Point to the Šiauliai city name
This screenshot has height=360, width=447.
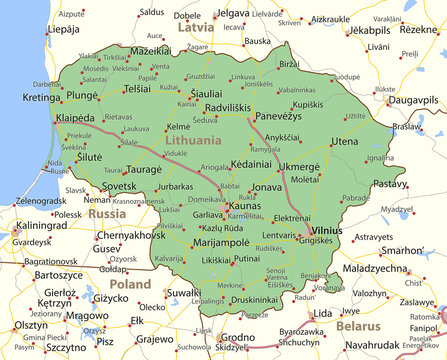206,92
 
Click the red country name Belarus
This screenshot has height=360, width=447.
359,326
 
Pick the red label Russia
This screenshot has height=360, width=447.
107,214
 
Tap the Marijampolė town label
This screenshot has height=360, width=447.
219,242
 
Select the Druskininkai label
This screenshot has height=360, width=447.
254,299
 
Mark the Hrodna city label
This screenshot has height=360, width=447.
238,337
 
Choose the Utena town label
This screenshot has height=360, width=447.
344,142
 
